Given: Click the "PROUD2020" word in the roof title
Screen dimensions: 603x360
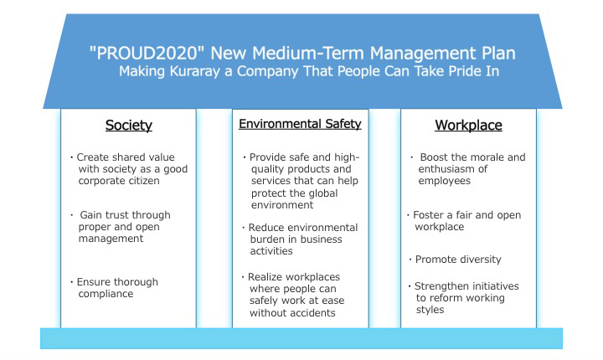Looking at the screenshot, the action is [x=146, y=53].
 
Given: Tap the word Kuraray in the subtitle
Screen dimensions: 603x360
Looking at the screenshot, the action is [x=194, y=71].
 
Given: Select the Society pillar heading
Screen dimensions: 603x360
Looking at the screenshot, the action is [x=129, y=126].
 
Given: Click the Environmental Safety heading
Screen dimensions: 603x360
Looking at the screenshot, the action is [x=300, y=124].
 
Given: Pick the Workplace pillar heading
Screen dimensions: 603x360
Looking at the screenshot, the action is [x=468, y=126].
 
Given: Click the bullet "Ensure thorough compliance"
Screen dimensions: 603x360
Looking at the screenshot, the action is [x=114, y=288].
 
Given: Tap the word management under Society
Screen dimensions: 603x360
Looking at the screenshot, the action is [x=111, y=239].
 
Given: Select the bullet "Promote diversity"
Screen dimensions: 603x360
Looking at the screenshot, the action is [x=455, y=260].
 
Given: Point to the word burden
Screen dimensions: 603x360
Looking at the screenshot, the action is [x=268, y=239].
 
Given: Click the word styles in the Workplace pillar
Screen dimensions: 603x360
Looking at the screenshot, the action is [x=430, y=310].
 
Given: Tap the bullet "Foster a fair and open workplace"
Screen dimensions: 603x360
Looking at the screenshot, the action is [x=464, y=221].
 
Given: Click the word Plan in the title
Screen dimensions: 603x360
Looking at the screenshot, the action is [x=498, y=53].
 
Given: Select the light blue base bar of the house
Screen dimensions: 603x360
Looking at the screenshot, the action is [x=301, y=338].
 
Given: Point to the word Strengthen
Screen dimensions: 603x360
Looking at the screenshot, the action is [x=441, y=286].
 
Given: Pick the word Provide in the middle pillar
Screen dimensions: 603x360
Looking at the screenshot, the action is [x=268, y=157].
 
